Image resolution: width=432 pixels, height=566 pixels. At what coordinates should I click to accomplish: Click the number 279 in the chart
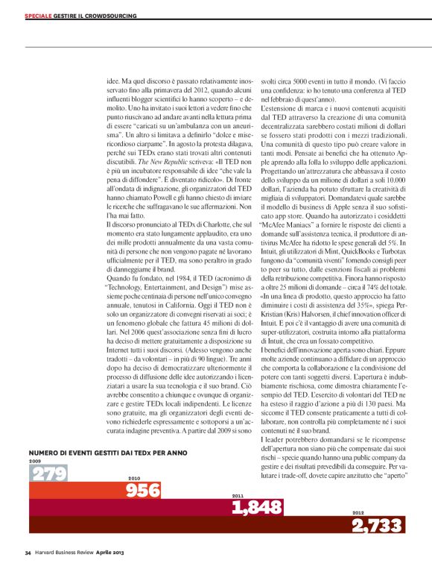[48, 453]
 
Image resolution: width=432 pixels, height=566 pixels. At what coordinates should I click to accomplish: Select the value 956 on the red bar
[143, 469]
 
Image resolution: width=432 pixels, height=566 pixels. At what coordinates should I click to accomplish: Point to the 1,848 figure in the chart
[258, 486]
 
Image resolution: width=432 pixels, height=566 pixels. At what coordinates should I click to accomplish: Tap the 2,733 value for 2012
[378, 506]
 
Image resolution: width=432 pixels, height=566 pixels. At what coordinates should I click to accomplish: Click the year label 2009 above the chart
[35, 440]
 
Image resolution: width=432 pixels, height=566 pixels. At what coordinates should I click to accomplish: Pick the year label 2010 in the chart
[134, 457]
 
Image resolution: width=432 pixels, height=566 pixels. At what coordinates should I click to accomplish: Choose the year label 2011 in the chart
[238, 474]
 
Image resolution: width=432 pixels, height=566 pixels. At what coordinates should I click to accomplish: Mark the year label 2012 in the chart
[358, 492]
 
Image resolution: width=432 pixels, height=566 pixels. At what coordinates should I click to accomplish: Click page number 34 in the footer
[28, 553]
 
